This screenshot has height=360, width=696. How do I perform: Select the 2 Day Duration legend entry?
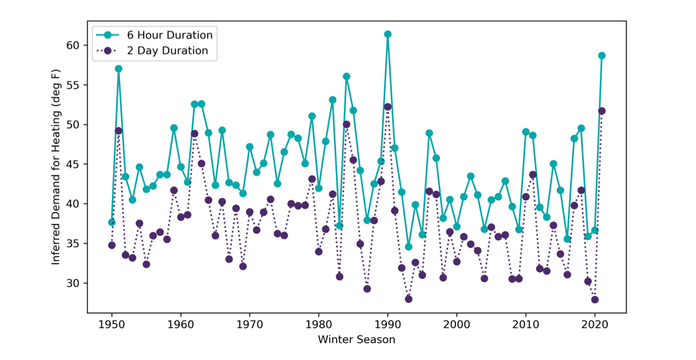152,50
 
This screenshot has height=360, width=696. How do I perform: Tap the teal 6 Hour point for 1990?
388,34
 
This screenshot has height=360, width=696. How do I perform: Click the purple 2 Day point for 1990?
388,107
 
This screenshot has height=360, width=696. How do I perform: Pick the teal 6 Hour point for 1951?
119,69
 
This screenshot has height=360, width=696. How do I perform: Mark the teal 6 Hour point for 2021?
602,56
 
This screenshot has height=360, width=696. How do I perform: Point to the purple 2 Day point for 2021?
602,111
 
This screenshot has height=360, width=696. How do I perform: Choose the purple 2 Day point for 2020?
595,300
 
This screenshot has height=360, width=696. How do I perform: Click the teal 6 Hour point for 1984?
347,77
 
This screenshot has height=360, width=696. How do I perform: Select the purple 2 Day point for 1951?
119,131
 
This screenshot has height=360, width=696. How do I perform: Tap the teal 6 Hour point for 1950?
112,222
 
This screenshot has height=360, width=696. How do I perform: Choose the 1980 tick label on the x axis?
319,325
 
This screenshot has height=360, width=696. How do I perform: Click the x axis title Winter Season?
357,340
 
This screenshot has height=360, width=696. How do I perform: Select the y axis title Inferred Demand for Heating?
56,167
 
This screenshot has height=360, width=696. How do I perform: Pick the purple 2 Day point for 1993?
409,299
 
